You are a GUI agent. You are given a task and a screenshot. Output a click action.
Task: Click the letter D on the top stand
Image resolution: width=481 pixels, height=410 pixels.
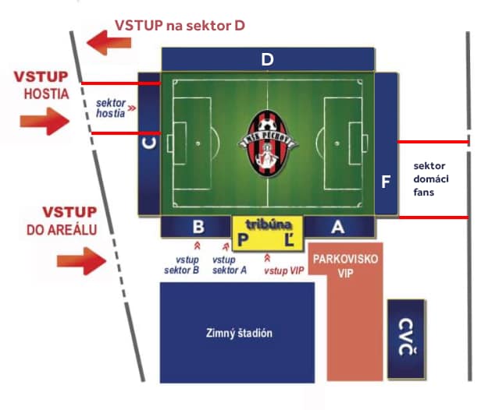pos(267,59)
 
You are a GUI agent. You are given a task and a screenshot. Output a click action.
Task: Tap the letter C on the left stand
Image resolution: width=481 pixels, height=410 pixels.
pos(149,143)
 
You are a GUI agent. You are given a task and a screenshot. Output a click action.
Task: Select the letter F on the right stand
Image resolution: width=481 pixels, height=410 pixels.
pos(386,182)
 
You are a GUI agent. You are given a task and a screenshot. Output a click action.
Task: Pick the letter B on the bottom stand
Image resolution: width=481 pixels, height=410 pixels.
pos(198,227)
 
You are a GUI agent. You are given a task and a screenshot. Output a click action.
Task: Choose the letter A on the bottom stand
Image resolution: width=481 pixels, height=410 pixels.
pos(338,227)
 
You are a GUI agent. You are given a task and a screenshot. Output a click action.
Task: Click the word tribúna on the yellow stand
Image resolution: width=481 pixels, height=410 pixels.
pos(269,224)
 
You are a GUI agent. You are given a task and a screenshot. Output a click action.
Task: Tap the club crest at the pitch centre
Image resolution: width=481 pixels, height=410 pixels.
pos(268,143)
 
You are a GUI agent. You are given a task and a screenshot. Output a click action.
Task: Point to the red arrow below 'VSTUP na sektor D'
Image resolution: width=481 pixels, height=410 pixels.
pos(109,43)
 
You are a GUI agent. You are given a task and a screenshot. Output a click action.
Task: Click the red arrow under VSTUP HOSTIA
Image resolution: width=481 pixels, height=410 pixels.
pos(45,122)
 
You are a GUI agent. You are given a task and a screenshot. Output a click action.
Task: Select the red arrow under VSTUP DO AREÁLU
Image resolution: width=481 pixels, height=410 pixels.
pos(81,261)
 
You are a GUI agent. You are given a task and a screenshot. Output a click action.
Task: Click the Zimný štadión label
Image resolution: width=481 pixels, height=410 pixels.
pos(239,333)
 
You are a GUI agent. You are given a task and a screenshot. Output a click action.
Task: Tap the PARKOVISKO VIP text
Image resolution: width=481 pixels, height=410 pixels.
pos(345,266)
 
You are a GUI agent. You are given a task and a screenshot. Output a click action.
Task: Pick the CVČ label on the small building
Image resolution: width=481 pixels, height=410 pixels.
pos(407,337)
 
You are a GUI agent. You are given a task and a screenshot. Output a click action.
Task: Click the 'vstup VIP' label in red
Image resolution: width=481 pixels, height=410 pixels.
pos(284,270)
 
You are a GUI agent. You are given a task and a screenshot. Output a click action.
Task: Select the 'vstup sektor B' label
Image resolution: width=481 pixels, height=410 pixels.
pos(182,265)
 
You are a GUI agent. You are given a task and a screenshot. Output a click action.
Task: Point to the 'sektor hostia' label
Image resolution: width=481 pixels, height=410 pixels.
pos(111,108)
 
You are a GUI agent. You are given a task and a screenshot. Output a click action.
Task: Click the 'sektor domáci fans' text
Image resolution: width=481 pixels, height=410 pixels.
pos(431,178)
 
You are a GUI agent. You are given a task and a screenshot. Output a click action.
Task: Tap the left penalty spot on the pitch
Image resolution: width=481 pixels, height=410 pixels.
pos(198,143)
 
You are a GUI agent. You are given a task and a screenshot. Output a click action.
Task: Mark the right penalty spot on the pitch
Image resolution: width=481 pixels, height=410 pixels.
pos(337,143)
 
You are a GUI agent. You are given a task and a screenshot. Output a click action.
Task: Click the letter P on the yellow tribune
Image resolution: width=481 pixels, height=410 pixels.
pos(243,239)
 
